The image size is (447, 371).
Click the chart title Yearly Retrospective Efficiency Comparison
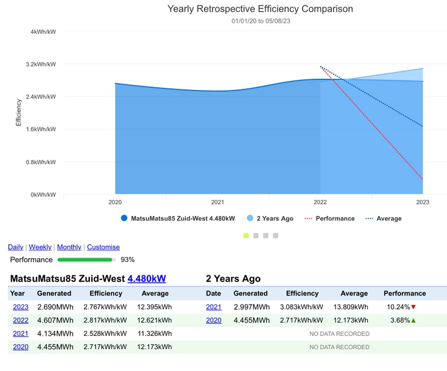pos(260,9)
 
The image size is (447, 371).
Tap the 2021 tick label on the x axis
pos(217,202)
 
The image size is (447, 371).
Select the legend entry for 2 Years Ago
pos(274,218)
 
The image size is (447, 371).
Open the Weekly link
pos(40,247)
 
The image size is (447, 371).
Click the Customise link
pos(103,247)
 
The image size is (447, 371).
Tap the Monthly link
pos(69,247)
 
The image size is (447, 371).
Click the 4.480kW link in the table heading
pos(146,279)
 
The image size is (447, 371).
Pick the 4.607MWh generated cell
pos(55,320)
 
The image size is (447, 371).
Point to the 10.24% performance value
pos(398,307)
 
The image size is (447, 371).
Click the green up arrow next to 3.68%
pos(413,320)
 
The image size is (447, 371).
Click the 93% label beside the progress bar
pos(128,259)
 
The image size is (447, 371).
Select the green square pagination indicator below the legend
pos(246,236)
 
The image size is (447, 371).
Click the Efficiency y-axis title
pos(18,112)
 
